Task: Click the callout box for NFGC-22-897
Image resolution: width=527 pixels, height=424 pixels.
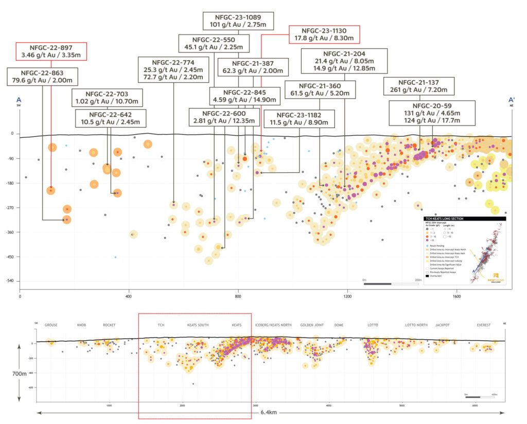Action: [50, 51]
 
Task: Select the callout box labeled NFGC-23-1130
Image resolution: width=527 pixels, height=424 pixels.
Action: [324, 34]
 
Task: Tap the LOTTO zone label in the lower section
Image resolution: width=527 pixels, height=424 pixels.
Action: [373, 325]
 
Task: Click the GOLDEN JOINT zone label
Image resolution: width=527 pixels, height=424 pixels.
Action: [312, 325]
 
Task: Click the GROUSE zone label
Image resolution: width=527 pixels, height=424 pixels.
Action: [51, 325]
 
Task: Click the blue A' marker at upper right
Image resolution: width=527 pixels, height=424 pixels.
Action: [512, 100]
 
